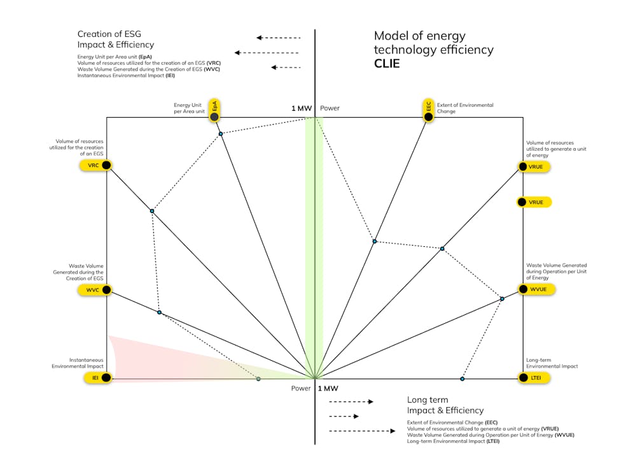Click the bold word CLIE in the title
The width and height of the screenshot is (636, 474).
387,64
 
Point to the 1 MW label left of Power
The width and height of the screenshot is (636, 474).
301,108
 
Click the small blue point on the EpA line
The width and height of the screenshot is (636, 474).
221,134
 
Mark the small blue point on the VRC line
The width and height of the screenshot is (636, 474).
152,211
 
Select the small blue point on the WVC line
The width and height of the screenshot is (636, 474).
159,312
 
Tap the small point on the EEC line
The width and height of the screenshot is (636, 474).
375,241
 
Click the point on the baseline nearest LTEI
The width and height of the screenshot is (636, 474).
462,379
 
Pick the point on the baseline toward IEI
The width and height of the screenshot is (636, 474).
258,379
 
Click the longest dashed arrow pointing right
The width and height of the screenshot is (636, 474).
363,431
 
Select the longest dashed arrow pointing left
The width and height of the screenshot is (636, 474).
267,53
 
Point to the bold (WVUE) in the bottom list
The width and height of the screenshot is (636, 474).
564,435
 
